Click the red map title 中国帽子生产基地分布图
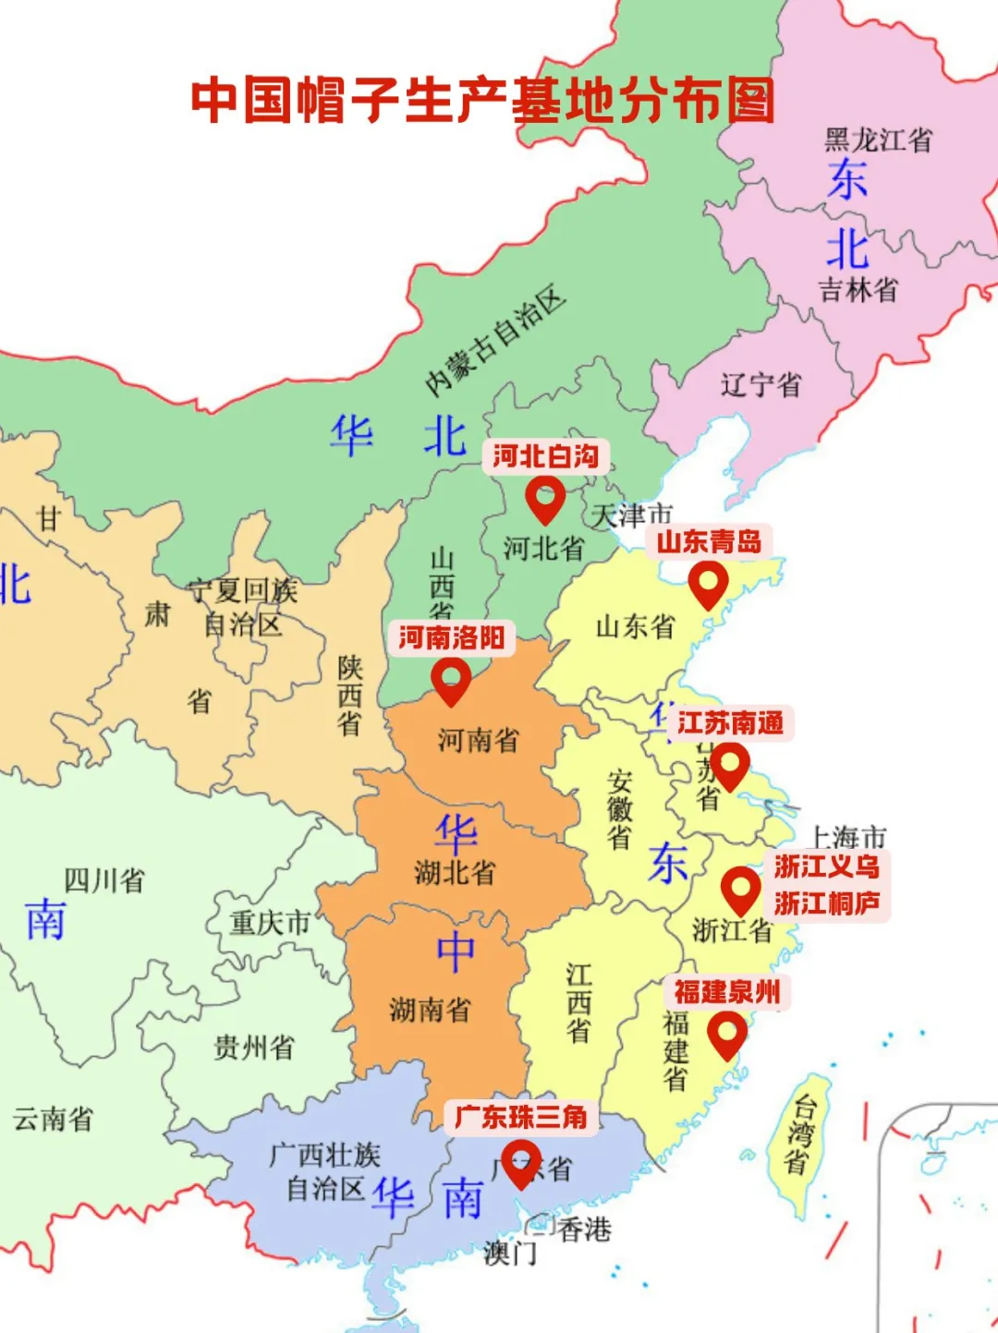pyautogui.click(x=482, y=100)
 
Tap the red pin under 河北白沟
pyautogui.click(x=544, y=499)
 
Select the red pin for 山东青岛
pyautogui.click(x=708, y=585)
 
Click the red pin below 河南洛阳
pyautogui.click(x=451, y=681)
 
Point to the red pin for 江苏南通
pyautogui.click(x=729, y=766)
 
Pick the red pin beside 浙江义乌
pyautogui.click(x=740, y=890)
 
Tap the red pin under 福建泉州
pyautogui.click(x=727, y=1034)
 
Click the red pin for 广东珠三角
pyautogui.click(x=521, y=1161)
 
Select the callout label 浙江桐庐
pyautogui.click(x=827, y=903)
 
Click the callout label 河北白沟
pyautogui.click(x=545, y=456)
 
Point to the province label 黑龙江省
pyautogui.click(x=878, y=140)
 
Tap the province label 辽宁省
pyautogui.click(x=761, y=384)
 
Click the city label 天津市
pyautogui.click(x=632, y=515)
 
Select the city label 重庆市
pyautogui.click(x=270, y=922)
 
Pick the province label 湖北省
pyautogui.click(x=455, y=873)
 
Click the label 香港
pyautogui.click(x=585, y=1230)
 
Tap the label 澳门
pyautogui.click(x=509, y=1254)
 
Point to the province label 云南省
pyautogui.click(x=53, y=1120)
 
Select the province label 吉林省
pyautogui.click(x=858, y=290)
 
